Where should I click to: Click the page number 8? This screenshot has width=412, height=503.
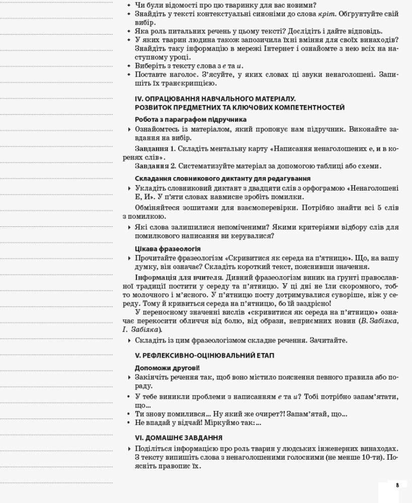[397, 485]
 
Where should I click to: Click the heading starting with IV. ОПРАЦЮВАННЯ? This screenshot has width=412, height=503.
[215, 99]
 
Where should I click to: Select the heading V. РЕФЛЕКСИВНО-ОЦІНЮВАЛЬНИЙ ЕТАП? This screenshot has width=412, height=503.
[205, 355]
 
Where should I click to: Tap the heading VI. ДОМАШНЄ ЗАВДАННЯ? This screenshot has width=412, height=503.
[179, 438]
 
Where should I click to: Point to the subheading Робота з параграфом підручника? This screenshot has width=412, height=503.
[191, 120]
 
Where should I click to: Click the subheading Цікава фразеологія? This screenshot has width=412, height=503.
[168, 248]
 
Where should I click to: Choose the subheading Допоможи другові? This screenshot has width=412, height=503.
[167, 368]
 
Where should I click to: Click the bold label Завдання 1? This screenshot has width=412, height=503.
[155, 149]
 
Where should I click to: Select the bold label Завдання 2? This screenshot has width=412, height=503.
[155, 166]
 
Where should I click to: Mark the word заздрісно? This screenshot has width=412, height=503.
[313, 303]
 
